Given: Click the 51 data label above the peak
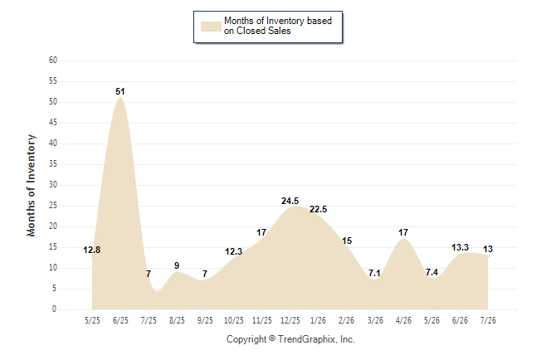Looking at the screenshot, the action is pos(120,91).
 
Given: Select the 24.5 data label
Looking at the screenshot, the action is pos(290,201).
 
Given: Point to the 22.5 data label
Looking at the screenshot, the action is pos(319,209).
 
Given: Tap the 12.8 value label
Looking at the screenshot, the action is pos(91,250).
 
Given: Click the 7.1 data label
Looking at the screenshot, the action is pos(374,273).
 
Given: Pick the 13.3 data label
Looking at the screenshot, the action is pos(460,247).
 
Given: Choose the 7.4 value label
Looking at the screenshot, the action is pos(431,272).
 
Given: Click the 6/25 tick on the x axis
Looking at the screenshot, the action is pos(120,320).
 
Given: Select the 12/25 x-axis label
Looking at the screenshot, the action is pos(290,320).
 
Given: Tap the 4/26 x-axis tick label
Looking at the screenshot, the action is pos(403,320).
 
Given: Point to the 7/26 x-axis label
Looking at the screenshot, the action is pos(488,320).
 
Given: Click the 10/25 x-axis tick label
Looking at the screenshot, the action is pos(234,320).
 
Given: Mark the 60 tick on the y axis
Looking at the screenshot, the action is pos(53,61).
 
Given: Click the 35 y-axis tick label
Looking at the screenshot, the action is pos(53,163).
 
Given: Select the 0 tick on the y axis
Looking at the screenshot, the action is pos(55,309).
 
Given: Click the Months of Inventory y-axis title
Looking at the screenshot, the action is pos(31,185).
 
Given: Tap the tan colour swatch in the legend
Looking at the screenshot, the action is pos(211,27).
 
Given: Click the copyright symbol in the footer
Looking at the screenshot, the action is pos(272,338).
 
